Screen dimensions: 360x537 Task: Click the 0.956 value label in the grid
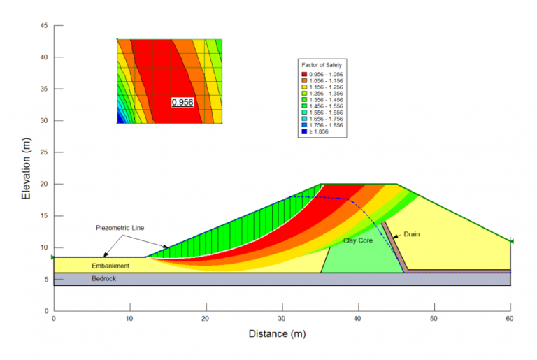click(x=182, y=102)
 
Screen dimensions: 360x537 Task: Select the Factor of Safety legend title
click(x=321, y=64)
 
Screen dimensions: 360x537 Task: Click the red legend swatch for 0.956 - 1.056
click(x=304, y=74)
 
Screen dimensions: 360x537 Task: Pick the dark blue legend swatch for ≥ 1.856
click(x=304, y=131)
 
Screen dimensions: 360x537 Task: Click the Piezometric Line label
click(x=121, y=228)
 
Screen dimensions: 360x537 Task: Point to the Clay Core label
click(x=357, y=240)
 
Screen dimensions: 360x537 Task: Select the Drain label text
click(x=411, y=234)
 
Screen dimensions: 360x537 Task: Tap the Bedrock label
click(x=105, y=279)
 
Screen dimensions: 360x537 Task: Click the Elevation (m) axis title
click(x=26, y=168)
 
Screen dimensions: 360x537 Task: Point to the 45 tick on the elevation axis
click(x=43, y=25)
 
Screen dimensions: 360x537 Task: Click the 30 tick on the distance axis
click(x=282, y=318)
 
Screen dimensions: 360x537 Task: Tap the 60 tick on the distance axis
click(x=510, y=318)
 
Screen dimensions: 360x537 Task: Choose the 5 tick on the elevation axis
click(x=45, y=279)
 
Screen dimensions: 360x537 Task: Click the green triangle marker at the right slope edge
click(x=512, y=241)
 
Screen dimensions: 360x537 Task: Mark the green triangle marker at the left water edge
click(x=53, y=257)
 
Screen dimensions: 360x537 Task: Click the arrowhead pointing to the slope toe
click(x=166, y=246)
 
